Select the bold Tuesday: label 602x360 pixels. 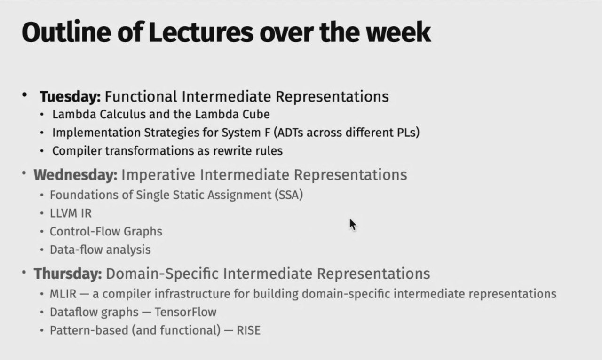point(70,97)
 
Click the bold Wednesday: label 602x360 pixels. point(76,175)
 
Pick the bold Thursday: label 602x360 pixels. point(68,274)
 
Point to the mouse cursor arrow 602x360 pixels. point(353,225)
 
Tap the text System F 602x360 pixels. point(246,133)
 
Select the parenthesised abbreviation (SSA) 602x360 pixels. point(289,195)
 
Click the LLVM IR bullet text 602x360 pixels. point(71,213)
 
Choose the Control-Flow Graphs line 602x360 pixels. point(106,232)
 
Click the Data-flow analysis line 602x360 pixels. point(100,250)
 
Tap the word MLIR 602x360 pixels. point(63,294)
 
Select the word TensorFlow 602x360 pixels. point(185,312)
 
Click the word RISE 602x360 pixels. point(249,330)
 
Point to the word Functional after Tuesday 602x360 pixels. point(141,96)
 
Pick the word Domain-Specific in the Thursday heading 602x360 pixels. point(162,274)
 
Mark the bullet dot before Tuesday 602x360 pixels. point(24,94)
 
